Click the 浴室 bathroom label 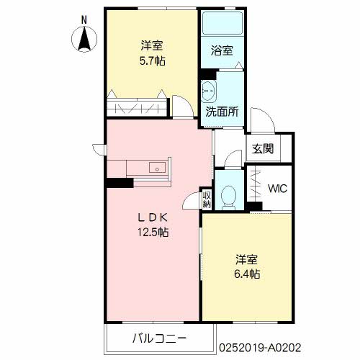pos(221,51)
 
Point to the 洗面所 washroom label pos(222,112)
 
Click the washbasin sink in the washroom pos(210,92)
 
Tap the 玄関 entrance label pos(262,149)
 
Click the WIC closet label pos(277,189)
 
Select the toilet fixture pos(228,195)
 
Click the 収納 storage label pos(207,199)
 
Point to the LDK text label pos(153,217)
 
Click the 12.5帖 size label pos(153,232)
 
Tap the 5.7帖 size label pos(153,61)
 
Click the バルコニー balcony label pos(159,338)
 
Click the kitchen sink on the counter pos(156,168)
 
